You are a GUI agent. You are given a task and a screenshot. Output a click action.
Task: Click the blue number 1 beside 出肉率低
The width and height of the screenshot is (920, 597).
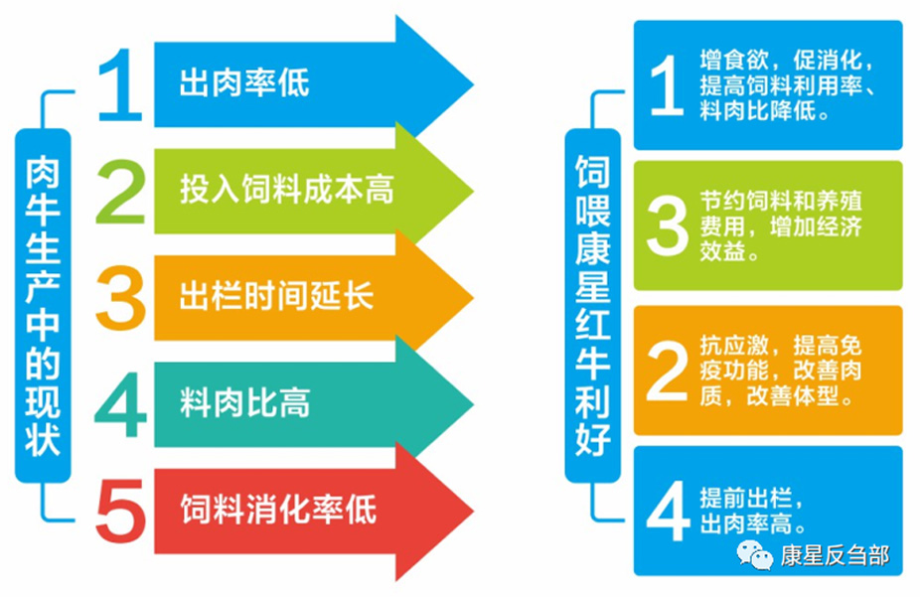click(121, 85)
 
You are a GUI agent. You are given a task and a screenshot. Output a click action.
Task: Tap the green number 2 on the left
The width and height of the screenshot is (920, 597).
click(121, 193)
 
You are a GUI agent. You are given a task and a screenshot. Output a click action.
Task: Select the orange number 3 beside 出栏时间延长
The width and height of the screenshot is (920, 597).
click(121, 298)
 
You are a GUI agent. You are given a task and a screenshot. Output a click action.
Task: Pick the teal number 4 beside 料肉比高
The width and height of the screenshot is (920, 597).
click(120, 404)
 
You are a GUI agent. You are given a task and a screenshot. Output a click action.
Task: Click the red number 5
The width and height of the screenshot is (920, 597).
click(121, 511)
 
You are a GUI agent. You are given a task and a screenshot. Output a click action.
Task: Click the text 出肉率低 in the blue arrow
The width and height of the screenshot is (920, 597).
click(244, 82)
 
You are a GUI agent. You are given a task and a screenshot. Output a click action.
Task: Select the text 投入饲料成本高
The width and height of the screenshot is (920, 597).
click(286, 190)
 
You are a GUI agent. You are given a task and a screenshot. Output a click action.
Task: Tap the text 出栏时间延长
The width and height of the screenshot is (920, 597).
click(276, 295)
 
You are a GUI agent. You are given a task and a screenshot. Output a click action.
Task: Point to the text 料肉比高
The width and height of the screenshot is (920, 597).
click(244, 403)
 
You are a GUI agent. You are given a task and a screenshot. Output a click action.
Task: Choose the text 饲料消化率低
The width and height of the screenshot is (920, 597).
click(277, 509)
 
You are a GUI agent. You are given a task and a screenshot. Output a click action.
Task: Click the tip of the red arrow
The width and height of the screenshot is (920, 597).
click(473, 511)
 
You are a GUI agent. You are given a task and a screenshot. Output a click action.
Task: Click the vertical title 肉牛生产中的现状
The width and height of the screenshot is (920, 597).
click(43, 306)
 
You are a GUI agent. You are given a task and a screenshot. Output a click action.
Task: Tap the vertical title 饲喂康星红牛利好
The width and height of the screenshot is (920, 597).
click(592, 306)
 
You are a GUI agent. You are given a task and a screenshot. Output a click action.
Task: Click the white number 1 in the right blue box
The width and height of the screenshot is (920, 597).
click(667, 85)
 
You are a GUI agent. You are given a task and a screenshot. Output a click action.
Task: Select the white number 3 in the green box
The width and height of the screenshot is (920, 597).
click(667, 225)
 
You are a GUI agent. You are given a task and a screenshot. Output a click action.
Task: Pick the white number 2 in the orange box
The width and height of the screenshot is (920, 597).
click(667, 371)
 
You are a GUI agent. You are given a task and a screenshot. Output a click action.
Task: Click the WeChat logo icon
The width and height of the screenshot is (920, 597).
click(754, 554)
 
